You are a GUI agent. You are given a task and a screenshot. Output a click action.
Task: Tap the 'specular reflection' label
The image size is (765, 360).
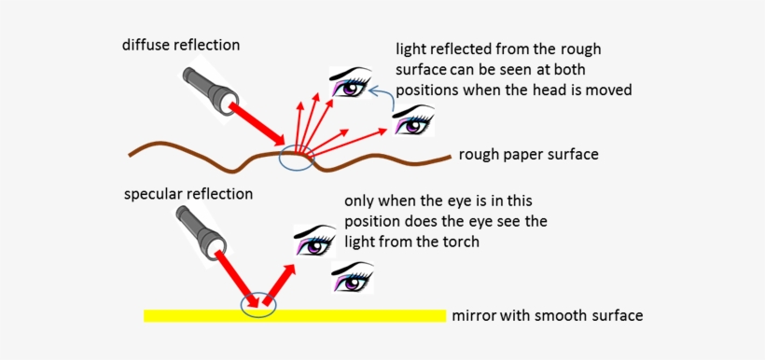coord(188,194)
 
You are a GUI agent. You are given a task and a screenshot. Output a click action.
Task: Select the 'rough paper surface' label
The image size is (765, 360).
coord(528,154)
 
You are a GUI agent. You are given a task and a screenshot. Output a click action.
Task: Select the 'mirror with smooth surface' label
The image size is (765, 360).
coord(547,315)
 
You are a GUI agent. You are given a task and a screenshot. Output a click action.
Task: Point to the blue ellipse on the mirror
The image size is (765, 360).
coord(257,305)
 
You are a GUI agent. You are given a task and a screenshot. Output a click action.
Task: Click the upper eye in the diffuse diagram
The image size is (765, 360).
coord(354,84)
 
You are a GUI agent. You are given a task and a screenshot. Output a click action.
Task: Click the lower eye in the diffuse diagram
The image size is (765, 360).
coord(413,119)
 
